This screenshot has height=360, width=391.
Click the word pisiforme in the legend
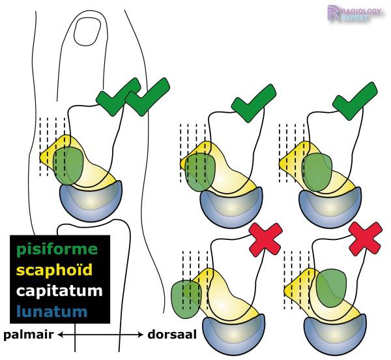[x=57, y=249]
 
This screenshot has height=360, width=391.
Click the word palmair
[x=28, y=335]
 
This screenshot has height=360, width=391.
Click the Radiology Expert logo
[x=355, y=14]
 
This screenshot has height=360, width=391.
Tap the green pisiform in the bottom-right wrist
[x=332, y=287]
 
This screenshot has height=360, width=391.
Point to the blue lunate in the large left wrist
[x=91, y=201]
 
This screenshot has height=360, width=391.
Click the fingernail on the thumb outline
[x=85, y=30]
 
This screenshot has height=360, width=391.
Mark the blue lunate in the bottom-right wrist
[x=334, y=333]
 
